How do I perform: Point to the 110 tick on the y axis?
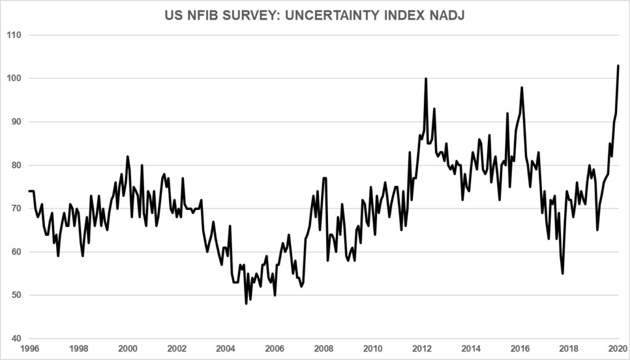pos(14,35)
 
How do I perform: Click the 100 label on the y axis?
pos(14,78)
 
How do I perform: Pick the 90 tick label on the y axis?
pos(15,122)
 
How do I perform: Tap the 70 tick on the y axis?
pos(15,209)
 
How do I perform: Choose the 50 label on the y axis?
pos(15,295)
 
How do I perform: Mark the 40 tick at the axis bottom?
pos(15,338)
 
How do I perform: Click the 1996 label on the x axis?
pos(29,348)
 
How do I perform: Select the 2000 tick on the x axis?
pos(127,348)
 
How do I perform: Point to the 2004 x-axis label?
pos(226,348)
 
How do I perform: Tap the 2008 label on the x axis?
pos(324,348)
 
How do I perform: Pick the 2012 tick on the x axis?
pos(423,348)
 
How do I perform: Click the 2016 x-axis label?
pos(520,348)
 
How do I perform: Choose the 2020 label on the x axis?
pos(618,348)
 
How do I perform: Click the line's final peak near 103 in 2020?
pos(618,65)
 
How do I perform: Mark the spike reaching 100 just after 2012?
pos(426,79)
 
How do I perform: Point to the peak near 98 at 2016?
pos(522,87)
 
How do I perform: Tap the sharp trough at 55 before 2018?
pos(562,273)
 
